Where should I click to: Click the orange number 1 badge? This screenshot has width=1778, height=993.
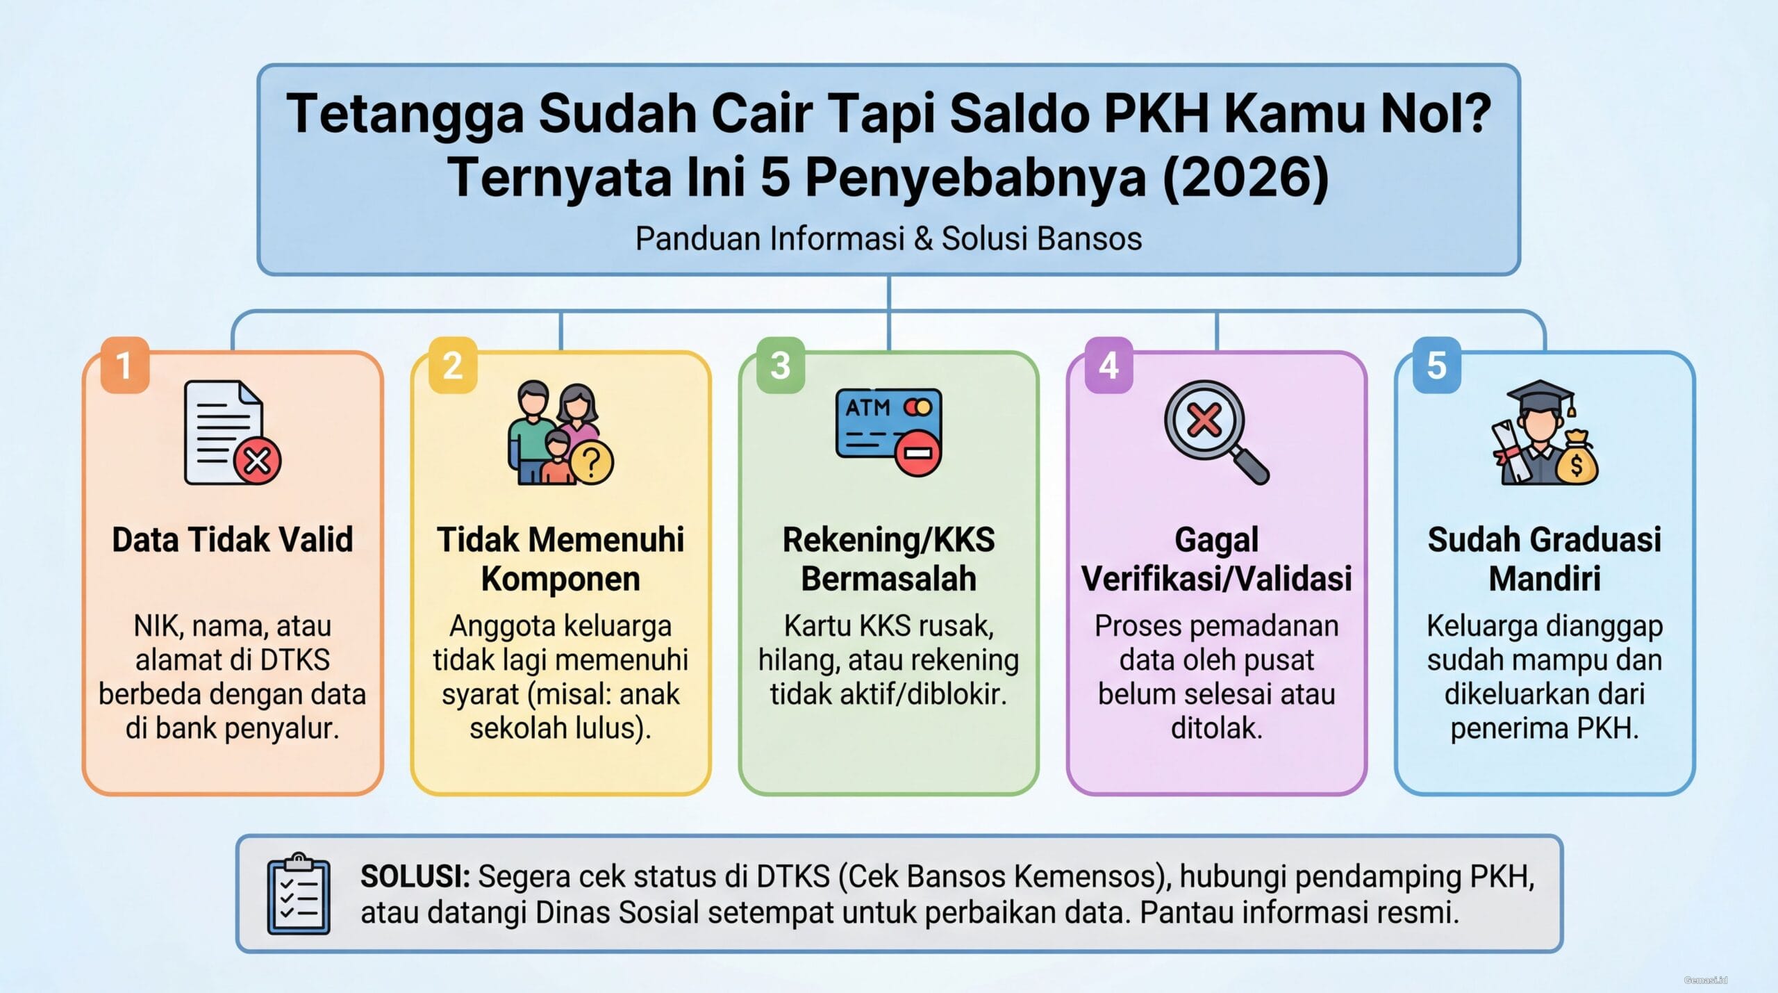125,366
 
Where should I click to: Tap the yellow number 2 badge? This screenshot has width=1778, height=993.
453,366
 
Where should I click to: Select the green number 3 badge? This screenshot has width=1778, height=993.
781,366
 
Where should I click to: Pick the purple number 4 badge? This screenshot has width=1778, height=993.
1108,366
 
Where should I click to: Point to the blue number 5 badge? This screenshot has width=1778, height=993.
1436,366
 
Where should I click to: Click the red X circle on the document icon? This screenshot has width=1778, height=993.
257,460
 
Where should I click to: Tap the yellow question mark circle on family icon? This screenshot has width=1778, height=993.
591,461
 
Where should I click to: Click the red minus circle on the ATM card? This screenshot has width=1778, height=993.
917,454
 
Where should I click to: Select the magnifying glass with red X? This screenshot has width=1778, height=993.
1216,432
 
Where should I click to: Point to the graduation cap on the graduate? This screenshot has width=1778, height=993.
1540,397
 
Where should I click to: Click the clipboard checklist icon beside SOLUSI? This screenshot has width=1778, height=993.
299,894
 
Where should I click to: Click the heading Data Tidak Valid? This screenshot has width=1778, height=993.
233,540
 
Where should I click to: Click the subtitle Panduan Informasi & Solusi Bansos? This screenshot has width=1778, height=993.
889,238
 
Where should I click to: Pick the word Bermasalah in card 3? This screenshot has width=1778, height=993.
889,579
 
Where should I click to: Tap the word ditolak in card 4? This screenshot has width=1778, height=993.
1217,728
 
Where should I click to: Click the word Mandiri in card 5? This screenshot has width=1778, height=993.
1545,579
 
